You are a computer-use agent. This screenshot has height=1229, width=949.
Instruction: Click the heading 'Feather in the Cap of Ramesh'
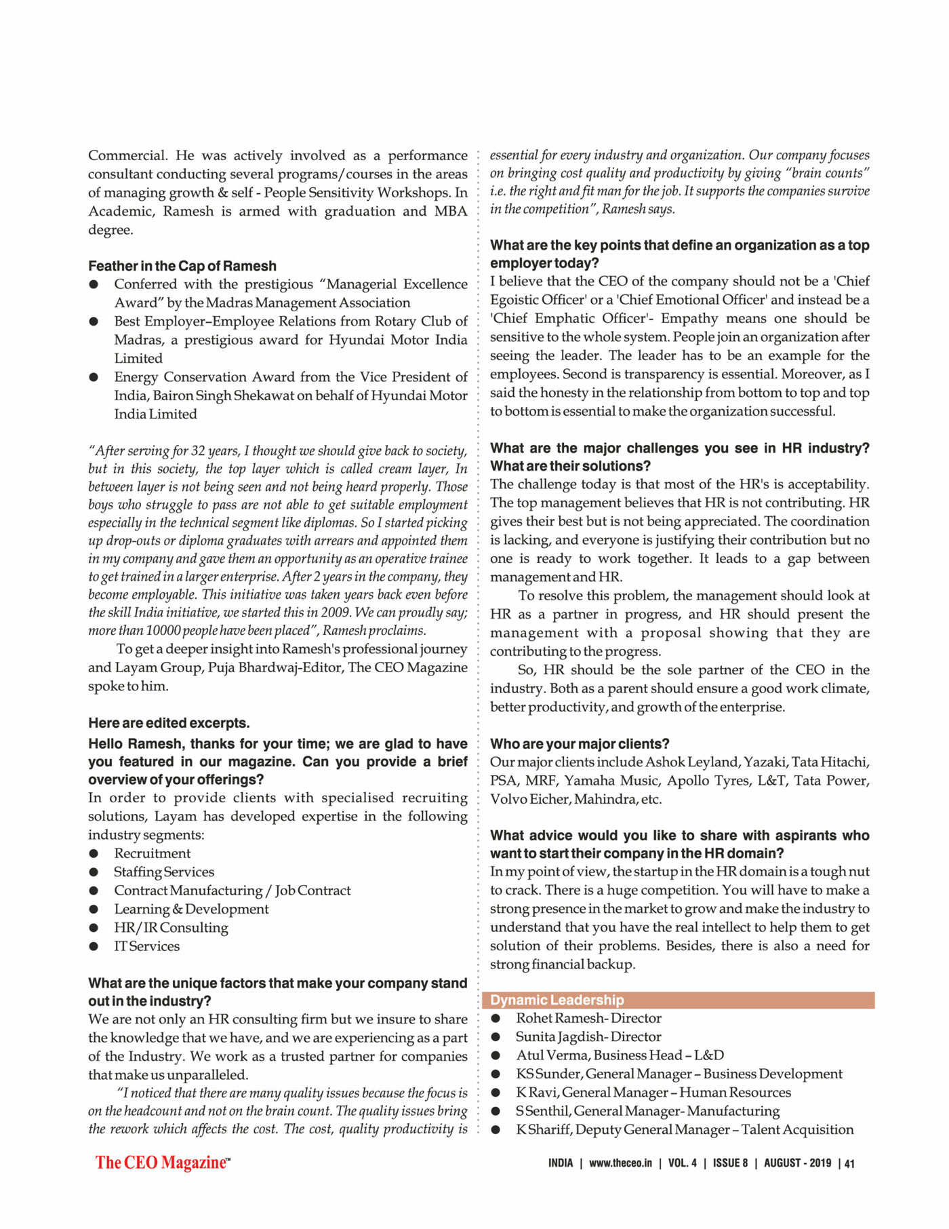click(x=182, y=266)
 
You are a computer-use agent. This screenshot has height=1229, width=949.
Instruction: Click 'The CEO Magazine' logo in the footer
click(x=163, y=1163)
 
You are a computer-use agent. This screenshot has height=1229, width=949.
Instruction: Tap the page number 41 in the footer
click(x=850, y=1164)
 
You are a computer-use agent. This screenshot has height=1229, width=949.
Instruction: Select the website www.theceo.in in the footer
click(x=620, y=1163)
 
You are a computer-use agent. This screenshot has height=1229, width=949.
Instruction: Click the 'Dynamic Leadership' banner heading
click(x=557, y=1000)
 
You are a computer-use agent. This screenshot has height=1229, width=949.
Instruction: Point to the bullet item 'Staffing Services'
click(x=164, y=872)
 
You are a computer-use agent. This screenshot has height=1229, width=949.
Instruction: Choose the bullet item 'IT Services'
click(x=147, y=946)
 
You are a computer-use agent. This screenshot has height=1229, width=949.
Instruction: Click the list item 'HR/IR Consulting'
click(x=171, y=928)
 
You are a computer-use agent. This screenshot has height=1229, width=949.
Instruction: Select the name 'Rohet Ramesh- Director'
click(x=588, y=1018)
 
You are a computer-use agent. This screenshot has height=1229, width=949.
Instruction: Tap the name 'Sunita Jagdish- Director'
click(x=588, y=1036)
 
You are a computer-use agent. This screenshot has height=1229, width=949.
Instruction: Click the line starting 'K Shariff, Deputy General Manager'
click(x=685, y=1129)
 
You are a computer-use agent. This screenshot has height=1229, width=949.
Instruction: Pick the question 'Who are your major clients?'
click(x=580, y=744)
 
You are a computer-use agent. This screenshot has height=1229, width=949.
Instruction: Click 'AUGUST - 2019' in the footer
click(x=797, y=1163)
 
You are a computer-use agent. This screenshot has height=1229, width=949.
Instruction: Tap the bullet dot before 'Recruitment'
click(x=94, y=854)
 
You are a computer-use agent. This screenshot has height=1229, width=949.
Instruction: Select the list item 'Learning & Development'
click(x=191, y=909)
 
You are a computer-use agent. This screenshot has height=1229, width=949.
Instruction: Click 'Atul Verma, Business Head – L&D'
click(x=620, y=1055)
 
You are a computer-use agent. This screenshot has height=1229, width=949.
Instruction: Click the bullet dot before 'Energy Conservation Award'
click(x=94, y=377)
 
